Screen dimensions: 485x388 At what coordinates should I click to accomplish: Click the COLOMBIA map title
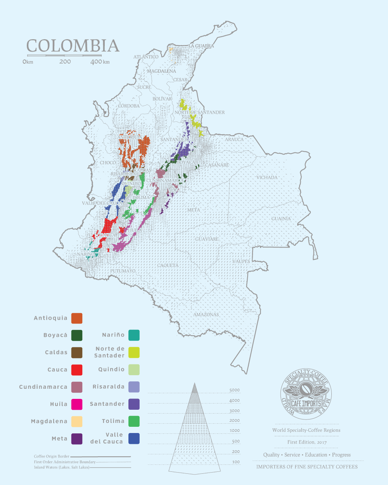tap(73, 46)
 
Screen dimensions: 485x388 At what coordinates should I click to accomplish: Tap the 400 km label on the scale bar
tap(100, 62)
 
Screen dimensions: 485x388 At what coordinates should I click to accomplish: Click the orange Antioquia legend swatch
tap(77, 318)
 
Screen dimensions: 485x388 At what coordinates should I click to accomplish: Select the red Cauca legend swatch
tap(77, 370)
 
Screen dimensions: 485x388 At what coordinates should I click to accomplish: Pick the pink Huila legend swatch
tap(77, 404)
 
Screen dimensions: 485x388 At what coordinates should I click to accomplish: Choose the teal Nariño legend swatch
tap(134, 335)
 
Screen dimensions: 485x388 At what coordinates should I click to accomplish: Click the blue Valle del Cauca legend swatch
tap(134, 438)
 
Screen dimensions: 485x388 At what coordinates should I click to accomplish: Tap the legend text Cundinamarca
tap(43, 387)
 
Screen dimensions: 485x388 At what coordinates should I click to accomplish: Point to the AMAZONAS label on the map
tap(206, 315)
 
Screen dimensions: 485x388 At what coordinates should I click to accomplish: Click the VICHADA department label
tap(267, 178)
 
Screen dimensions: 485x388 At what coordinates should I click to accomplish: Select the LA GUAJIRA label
tap(201, 46)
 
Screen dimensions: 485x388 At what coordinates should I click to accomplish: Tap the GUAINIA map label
tap(281, 219)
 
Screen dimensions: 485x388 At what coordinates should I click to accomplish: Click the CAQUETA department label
tap(168, 265)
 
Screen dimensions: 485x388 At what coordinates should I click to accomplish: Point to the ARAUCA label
tap(234, 139)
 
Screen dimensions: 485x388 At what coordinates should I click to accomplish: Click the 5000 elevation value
tap(234, 390)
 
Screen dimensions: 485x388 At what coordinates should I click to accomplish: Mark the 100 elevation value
tap(236, 462)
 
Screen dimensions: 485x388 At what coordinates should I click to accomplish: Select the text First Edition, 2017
tap(307, 442)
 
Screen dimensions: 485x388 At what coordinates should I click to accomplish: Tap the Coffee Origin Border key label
tap(51, 456)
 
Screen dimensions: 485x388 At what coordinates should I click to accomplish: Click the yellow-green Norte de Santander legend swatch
tap(134, 352)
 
